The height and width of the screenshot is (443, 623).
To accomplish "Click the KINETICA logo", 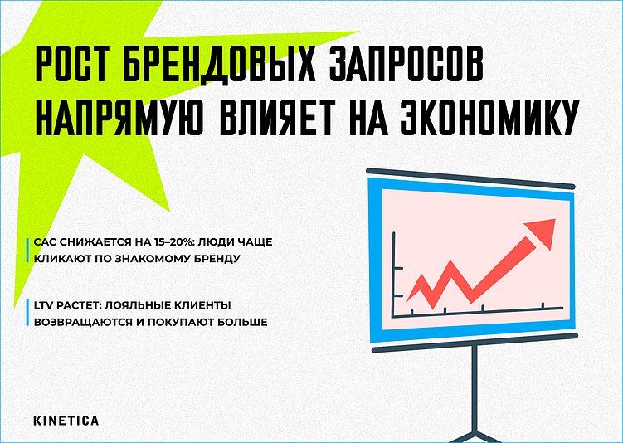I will [x=66, y=421].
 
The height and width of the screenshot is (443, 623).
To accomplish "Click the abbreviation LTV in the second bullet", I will [x=43, y=305].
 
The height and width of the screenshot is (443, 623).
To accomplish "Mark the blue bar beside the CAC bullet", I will [x=29, y=251].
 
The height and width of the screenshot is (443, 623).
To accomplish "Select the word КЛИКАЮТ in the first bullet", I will [x=62, y=259].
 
